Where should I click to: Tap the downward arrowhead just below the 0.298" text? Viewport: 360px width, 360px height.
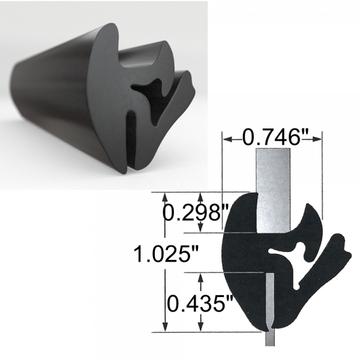[x=200, y=228]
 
